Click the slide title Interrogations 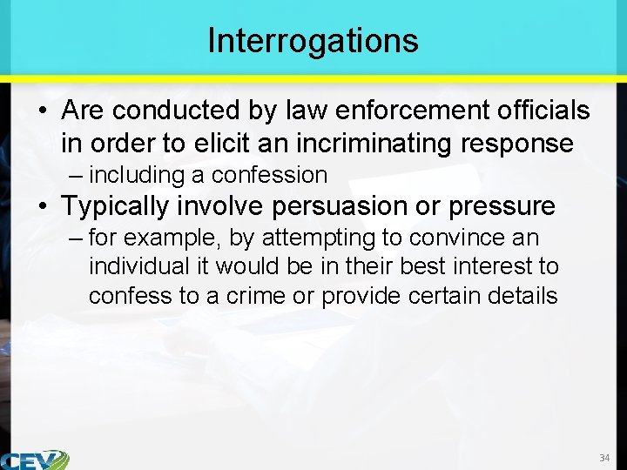pyautogui.click(x=313, y=40)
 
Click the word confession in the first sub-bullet pyautogui.click(x=269, y=175)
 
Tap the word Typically pyautogui.click(x=122, y=206)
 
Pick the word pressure pyautogui.click(x=503, y=206)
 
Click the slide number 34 pyautogui.click(x=604, y=458)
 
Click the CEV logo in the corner pyautogui.click(x=35, y=459)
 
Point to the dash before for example pyautogui.click(x=76, y=238)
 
